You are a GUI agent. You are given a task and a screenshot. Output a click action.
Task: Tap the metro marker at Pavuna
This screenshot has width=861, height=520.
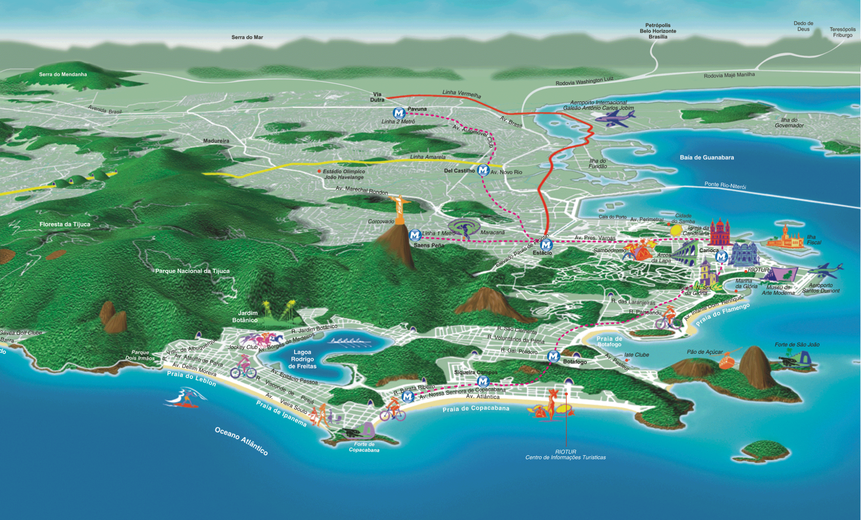tap(399, 113)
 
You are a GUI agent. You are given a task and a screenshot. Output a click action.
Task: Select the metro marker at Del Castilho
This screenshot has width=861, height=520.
tap(483, 170)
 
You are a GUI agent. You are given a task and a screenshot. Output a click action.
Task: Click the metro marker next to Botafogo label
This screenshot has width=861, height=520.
tap(554, 356)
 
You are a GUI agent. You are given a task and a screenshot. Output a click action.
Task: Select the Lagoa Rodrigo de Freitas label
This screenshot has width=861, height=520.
tap(302, 359)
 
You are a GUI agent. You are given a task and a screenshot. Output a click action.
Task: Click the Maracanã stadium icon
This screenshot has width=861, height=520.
tap(464, 228)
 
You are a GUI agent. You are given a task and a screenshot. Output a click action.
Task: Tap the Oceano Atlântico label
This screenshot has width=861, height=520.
tap(241, 441)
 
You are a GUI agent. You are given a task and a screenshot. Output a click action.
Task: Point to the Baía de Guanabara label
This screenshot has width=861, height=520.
tap(707, 158)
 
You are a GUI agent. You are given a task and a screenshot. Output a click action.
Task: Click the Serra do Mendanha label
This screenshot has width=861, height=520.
tap(63, 74)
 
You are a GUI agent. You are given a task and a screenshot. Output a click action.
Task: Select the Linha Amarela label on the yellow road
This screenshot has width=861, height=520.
tap(428, 157)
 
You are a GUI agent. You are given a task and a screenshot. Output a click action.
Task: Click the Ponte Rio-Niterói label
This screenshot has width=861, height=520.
tap(725, 185)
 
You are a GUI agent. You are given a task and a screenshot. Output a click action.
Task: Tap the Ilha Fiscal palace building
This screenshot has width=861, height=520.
tap(785, 239)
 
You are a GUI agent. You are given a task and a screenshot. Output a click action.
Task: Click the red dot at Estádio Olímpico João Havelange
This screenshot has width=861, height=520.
tap(320, 171)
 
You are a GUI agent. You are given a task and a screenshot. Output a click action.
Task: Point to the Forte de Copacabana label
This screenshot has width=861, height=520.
tap(364, 447)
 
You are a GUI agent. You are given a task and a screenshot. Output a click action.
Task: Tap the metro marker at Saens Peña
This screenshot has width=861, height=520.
tap(415, 235)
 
